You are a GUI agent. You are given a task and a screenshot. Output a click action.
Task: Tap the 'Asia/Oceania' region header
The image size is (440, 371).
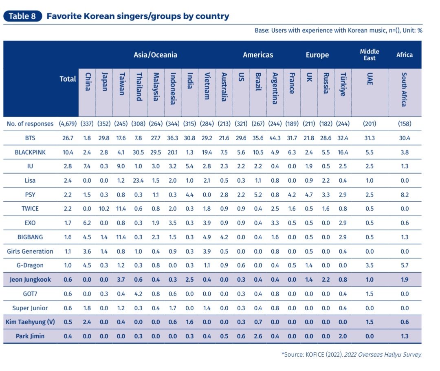[x=155, y=55]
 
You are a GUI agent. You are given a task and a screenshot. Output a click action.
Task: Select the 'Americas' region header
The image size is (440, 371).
[x=258, y=55]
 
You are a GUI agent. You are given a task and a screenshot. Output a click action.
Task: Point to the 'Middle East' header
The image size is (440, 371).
[x=370, y=55]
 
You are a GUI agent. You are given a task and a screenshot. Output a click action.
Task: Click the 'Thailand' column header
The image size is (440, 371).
[x=139, y=87]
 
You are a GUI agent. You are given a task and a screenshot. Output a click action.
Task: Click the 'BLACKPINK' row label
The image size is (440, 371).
[x=30, y=152]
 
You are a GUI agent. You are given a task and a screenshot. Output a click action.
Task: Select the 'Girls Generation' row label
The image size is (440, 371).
[x=30, y=251]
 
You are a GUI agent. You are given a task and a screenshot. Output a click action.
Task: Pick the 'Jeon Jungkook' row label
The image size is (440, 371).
[x=30, y=279]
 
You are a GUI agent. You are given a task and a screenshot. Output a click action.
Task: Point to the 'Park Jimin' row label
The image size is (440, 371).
[x=30, y=336]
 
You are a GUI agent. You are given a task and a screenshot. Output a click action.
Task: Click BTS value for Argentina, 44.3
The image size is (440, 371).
[x=275, y=138]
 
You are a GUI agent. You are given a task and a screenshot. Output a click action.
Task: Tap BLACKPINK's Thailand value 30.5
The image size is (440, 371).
[x=139, y=152]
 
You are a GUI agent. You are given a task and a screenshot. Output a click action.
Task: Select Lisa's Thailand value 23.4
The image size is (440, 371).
[x=139, y=181]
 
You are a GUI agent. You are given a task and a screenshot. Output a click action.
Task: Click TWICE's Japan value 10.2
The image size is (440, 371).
[x=105, y=209]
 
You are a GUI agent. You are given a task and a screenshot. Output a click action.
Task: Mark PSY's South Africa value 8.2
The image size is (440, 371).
[x=404, y=194]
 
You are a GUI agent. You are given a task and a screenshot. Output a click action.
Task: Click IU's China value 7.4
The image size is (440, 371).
[x=87, y=166]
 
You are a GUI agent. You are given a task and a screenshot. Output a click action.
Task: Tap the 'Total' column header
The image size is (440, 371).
[x=68, y=79]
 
